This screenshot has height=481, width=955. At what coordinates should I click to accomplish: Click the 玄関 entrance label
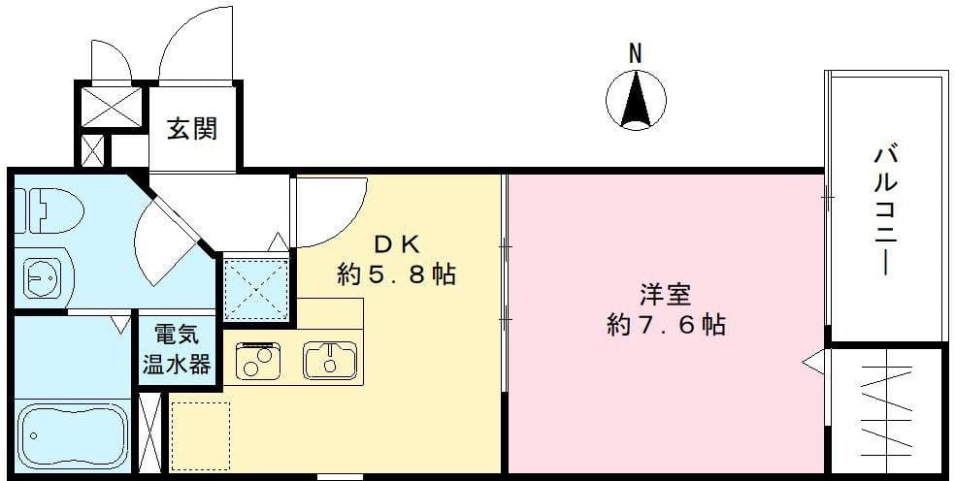(x=191, y=128)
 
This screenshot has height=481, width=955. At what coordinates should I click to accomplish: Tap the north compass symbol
(x=636, y=101)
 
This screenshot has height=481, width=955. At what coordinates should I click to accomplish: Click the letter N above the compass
(x=635, y=54)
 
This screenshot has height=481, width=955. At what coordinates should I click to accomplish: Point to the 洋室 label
(x=664, y=293)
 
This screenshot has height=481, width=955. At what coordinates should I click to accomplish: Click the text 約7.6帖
(x=665, y=324)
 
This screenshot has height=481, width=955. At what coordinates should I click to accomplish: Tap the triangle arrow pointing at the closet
(x=812, y=365)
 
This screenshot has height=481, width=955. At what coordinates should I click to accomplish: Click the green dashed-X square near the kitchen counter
(x=257, y=289)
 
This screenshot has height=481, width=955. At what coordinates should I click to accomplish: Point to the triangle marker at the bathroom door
(x=121, y=323)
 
